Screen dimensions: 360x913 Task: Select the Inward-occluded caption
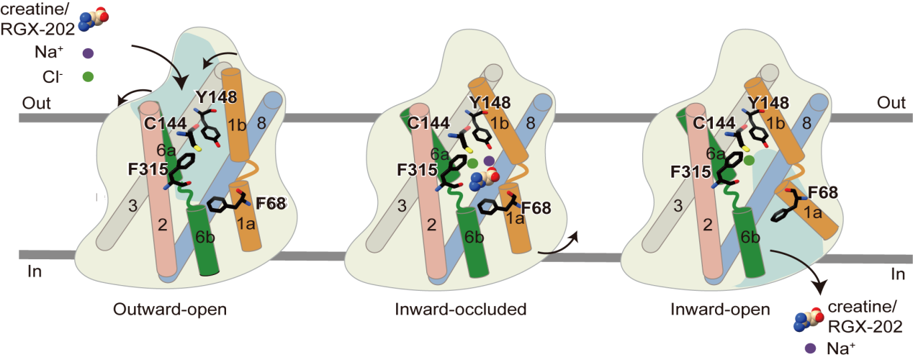461,310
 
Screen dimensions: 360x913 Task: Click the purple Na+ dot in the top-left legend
88,53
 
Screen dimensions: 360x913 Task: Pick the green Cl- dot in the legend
88,74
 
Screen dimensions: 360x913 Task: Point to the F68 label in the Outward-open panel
271,204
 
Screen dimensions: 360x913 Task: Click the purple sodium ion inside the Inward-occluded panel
489,160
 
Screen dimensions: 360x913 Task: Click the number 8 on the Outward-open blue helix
262,124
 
